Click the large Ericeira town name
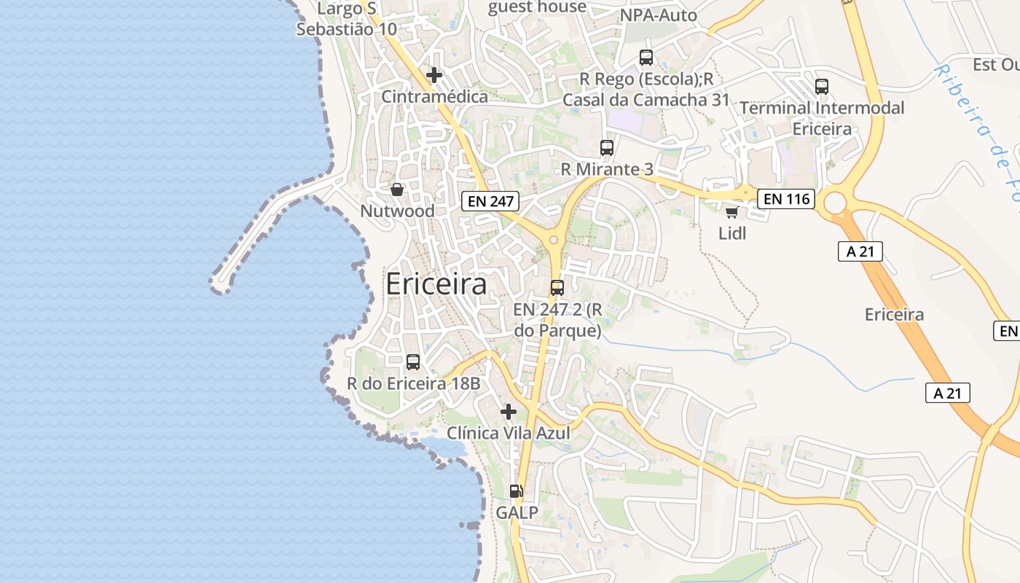tap(436, 284)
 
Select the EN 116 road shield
tap(785, 197)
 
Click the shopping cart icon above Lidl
tap(731, 212)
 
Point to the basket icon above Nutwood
tap(397, 189)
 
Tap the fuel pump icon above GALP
tap(516, 491)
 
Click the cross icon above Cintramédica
tap(434, 75)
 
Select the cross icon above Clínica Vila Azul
tap(509, 412)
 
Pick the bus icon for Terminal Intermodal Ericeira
tap(822, 87)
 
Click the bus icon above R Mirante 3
tap(606, 148)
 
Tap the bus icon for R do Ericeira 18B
tap(413, 362)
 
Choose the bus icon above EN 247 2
tap(557, 288)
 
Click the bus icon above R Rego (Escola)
tap(646, 58)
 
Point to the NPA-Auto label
tap(658, 15)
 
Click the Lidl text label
tap(732, 234)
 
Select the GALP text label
tap(517, 513)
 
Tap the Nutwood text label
tap(397, 211)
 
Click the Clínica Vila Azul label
tap(508, 434)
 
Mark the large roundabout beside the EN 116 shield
tap(836, 202)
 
